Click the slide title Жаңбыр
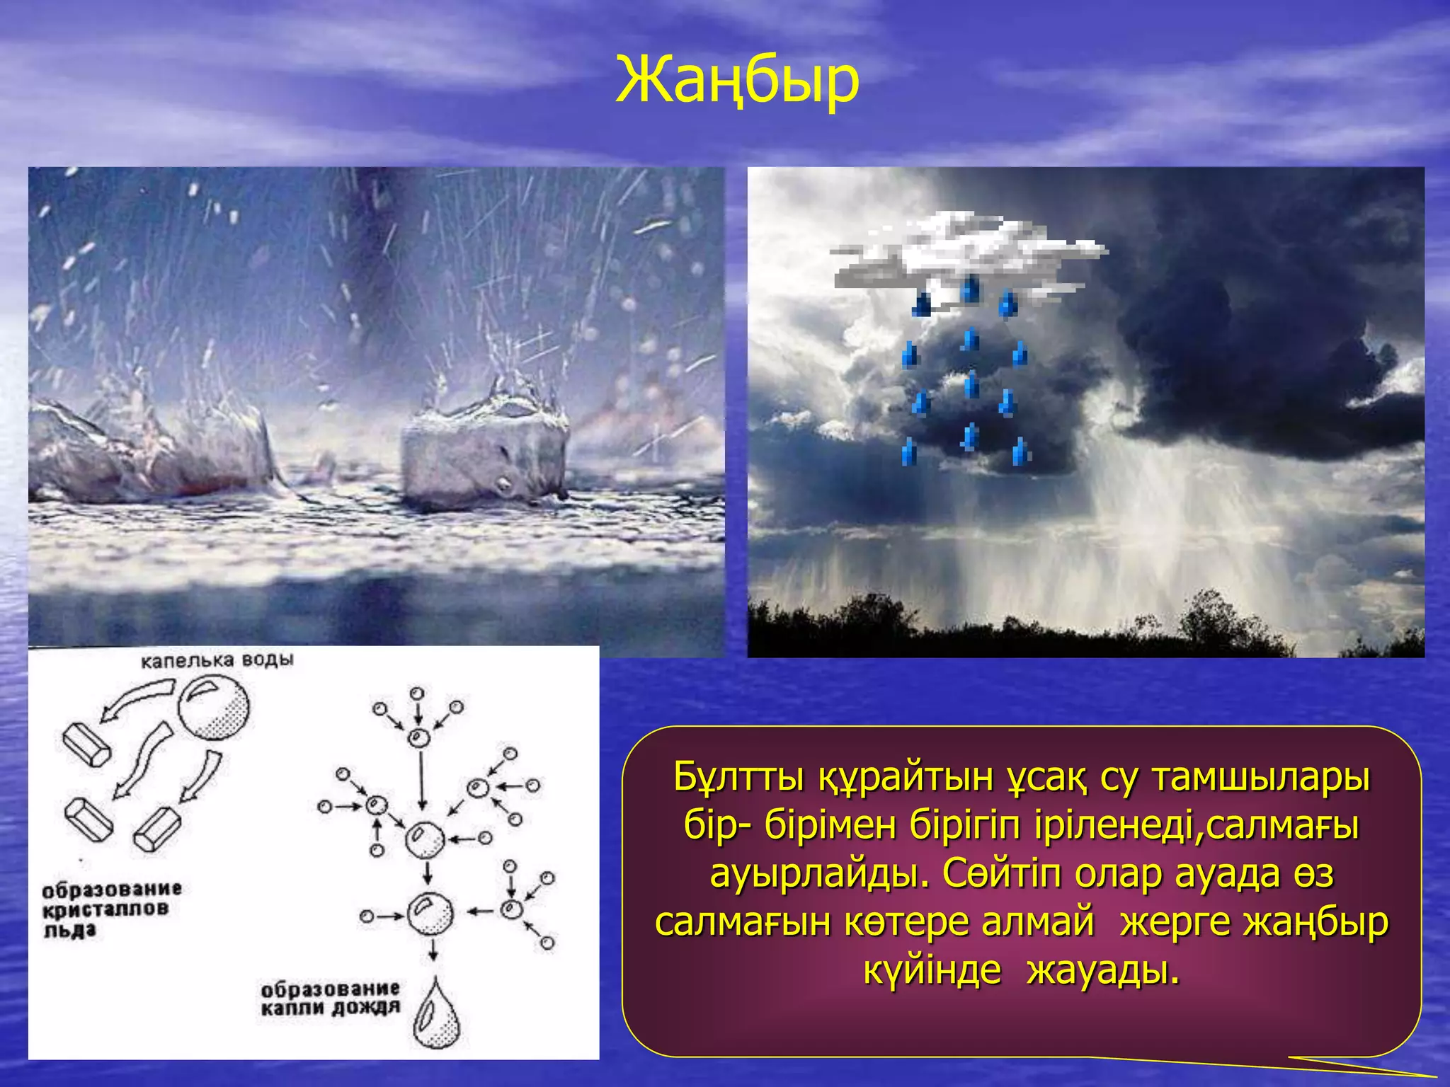click(737, 79)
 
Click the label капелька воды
click(217, 660)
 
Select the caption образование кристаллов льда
click(111, 909)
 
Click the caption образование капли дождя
click(330, 998)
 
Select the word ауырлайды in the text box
click(819, 874)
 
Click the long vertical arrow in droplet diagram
click(422, 778)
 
